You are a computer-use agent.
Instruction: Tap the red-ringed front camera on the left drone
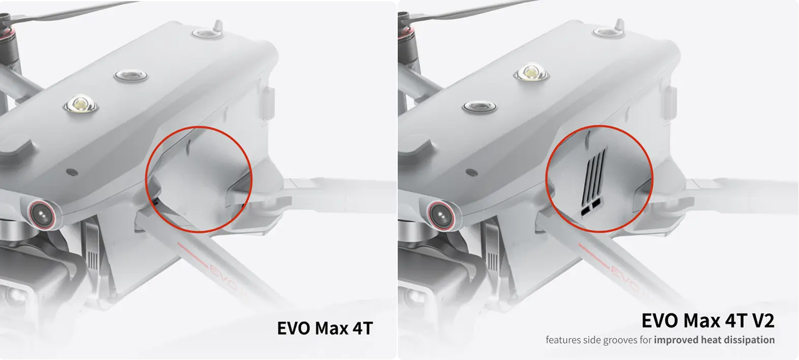coord(43,214)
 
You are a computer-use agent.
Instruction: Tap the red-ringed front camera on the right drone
coord(442,215)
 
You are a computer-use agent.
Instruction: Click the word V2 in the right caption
coord(761,320)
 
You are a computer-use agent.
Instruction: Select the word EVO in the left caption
coord(294,328)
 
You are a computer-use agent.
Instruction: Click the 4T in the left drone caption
coord(363,328)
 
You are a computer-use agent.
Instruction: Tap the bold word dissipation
coord(751,340)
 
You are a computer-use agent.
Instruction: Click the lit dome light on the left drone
coord(81,104)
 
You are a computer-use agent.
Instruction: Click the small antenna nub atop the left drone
coord(217,26)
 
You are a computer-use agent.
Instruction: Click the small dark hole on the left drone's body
coord(72,172)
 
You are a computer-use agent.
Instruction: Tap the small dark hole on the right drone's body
coord(471,173)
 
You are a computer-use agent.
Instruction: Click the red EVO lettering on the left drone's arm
coord(228,278)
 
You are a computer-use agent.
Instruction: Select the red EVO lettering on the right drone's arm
coord(628,279)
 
